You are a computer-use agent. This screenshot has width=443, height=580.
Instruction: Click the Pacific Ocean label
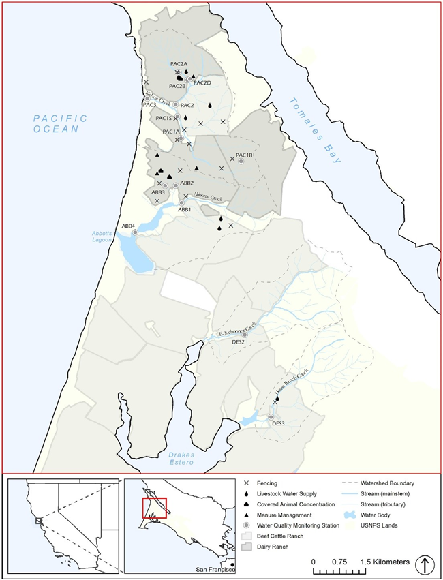[61, 123]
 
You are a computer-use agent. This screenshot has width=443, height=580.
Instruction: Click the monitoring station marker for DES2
[245, 335]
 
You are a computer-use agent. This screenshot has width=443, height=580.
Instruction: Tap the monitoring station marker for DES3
[271, 416]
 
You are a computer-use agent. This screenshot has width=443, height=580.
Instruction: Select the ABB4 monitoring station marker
[135, 232]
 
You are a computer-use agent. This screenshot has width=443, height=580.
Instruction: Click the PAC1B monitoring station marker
[241, 162]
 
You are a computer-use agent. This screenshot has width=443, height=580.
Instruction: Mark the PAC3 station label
[149, 105]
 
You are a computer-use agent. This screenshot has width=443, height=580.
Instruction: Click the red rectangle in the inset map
[154, 508]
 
